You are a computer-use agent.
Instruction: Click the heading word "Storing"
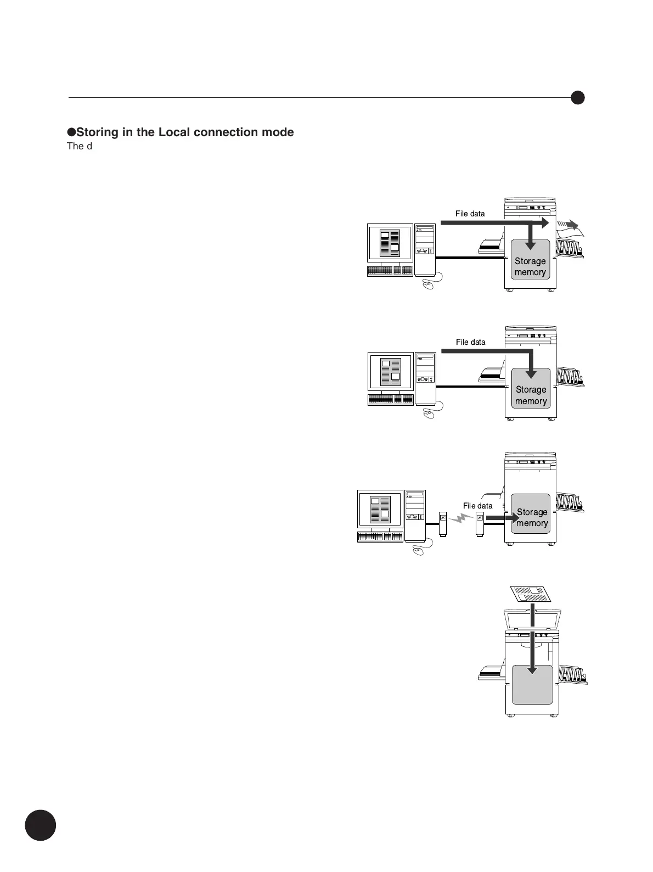97,132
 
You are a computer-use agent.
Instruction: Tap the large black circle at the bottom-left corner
41,825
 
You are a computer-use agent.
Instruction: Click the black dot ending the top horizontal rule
577,98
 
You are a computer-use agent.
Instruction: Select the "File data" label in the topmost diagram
470,214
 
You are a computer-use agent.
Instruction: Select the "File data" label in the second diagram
470,342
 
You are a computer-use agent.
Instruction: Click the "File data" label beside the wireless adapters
477,506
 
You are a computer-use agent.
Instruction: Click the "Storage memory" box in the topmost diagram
530,259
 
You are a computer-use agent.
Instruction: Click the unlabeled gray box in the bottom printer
532,684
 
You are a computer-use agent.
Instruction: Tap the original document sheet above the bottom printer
530,594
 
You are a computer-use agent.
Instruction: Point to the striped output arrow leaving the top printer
567,225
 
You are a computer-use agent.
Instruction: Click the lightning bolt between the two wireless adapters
460,518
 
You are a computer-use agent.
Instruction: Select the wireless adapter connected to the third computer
443,523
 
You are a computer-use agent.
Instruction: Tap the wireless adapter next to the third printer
480,524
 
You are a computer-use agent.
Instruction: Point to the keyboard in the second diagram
390,400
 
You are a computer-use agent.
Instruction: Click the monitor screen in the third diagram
380,509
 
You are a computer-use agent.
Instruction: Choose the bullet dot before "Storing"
71,132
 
